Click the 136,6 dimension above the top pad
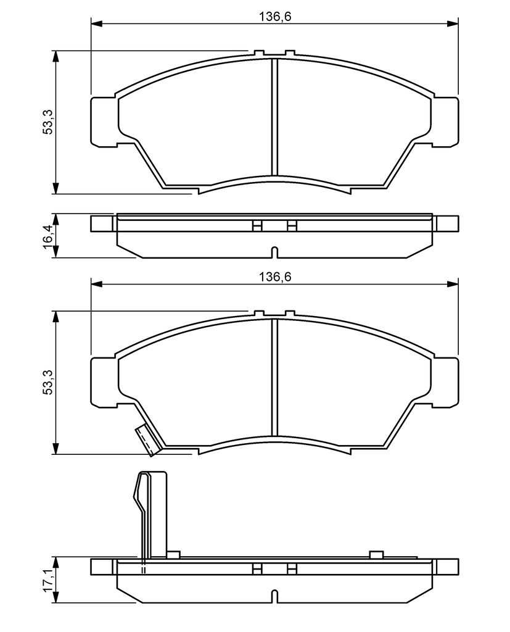[x=275, y=17]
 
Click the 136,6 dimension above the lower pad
[x=275, y=277]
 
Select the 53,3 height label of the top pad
[x=48, y=123]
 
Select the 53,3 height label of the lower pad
[x=48, y=383]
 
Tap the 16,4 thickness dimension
[x=48, y=236]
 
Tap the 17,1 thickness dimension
[x=48, y=580]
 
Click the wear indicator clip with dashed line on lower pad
[x=147, y=441]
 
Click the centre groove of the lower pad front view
[x=275, y=377]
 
